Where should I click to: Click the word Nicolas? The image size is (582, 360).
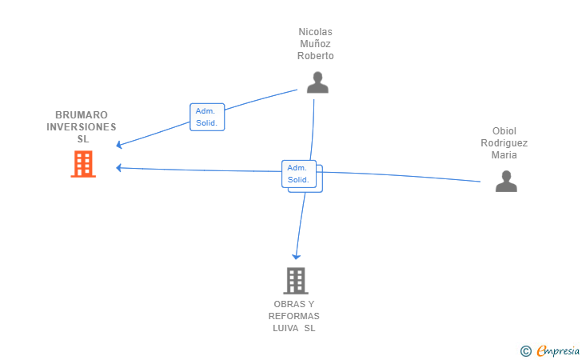pyautogui.click(x=315, y=32)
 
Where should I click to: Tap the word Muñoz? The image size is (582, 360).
pyautogui.click(x=315, y=44)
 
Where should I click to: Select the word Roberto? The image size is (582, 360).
pyautogui.click(x=315, y=56)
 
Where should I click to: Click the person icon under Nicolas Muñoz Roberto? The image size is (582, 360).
pyautogui.click(x=317, y=82)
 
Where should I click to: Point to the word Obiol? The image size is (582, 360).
pyautogui.click(x=504, y=131)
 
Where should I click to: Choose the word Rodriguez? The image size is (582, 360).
pyautogui.click(x=504, y=143)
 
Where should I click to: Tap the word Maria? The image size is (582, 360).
pyautogui.click(x=504, y=155)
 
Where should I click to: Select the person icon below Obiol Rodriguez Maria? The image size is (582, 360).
pyautogui.click(x=506, y=182)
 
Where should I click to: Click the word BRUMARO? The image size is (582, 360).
pyautogui.click(x=82, y=115)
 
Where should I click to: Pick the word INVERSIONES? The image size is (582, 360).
pyautogui.click(x=82, y=127)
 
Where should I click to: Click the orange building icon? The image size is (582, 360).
pyautogui.click(x=83, y=164)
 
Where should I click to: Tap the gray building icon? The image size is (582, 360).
pyautogui.click(x=296, y=281)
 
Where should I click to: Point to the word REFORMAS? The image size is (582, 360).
pyautogui.click(x=294, y=316)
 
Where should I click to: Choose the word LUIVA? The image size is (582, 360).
pyautogui.click(x=285, y=328)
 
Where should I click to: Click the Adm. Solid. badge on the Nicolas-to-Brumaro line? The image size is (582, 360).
pyautogui.click(x=207, y=117)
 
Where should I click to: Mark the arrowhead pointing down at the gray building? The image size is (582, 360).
pyautogui.click(x=296, y=256)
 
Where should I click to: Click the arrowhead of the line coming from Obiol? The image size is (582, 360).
pyautogui.click(x=118, y=167)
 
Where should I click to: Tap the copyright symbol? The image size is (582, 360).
pyautogui.click(x=525, y=350)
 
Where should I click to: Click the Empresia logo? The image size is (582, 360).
pyautogui.click(x=558, y=350)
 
